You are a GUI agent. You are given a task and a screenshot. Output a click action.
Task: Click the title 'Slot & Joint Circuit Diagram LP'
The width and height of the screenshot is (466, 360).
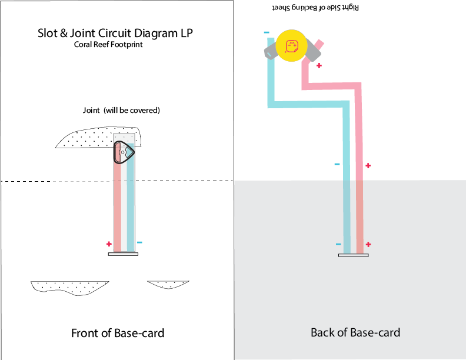coord(115,33)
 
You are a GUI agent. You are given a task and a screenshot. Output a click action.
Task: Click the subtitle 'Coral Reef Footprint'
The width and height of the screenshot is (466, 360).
coord(108,45)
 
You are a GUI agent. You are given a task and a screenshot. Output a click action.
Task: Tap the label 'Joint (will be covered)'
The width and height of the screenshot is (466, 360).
coord(122,110)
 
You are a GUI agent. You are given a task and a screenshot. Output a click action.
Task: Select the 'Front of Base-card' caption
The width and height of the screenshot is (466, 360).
coord(118,334)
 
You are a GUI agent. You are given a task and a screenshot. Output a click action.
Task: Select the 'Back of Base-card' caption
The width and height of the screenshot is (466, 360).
coord(355,332)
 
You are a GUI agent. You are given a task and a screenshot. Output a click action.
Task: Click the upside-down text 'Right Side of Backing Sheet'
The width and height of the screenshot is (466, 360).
coord(315,8)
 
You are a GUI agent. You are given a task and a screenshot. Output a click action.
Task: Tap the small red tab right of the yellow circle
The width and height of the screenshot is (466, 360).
coord(319,44)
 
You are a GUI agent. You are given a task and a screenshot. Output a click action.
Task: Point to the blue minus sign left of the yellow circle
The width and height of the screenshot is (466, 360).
coord(267,32)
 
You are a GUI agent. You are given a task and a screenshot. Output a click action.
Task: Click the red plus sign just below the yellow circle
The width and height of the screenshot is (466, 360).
coord(319,66)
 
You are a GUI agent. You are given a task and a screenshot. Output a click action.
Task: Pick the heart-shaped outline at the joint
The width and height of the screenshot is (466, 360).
coord(124,152)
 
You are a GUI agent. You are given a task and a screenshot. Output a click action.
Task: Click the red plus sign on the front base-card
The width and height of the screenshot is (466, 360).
coord(109,244)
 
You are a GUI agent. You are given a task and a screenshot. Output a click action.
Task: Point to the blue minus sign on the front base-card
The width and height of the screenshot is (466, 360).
coord(139,242)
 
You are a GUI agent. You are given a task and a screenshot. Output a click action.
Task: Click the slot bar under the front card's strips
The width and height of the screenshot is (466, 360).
coord(123,254)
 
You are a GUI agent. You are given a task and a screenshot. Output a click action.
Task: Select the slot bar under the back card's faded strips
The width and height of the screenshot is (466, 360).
coord(353,255)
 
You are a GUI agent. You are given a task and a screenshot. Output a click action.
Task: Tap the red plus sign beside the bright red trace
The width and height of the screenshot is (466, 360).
coord(368,166)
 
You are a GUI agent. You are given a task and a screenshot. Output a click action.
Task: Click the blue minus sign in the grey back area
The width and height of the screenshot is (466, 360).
coord(338,244)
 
